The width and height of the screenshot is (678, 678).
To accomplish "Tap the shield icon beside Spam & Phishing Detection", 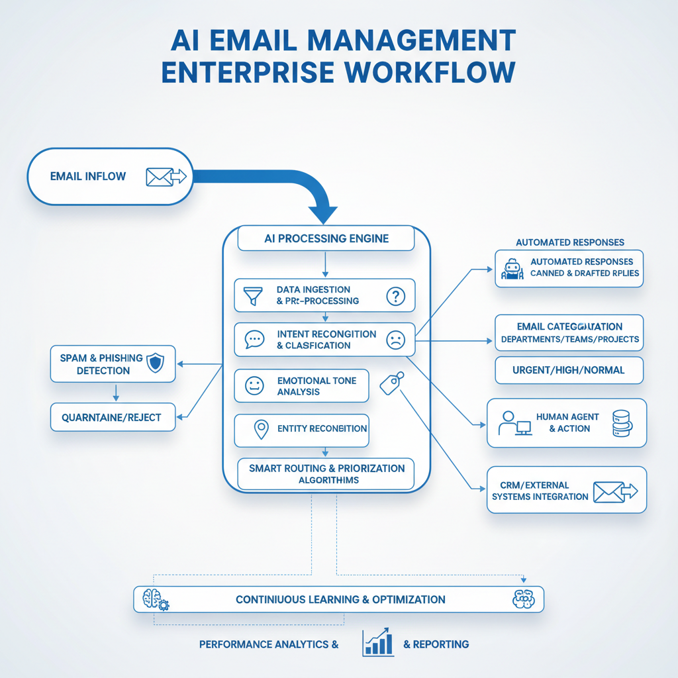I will click(155, 363).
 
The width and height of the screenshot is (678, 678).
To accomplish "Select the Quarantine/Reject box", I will click(113, 417).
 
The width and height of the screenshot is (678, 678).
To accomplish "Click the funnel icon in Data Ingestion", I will click(252, 295).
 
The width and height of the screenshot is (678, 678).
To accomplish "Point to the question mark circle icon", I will click(395, 295).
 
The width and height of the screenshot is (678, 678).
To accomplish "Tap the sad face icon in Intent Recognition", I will click(395, 340).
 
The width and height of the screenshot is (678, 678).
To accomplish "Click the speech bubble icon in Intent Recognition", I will click(254, 340).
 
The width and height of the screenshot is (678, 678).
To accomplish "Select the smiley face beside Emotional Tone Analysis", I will click(254, 386).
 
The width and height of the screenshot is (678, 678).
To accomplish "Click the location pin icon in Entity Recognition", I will click(262, 430).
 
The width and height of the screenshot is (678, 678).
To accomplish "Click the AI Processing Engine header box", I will click(326, 238).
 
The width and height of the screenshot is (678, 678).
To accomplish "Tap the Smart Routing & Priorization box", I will click(326, 474).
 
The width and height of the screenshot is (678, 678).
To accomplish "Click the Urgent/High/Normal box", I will click(569, 370).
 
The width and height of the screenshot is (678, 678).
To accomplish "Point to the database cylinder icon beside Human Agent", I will click(622, 423).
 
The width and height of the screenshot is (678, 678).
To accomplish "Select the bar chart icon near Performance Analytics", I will click(378, 643).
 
